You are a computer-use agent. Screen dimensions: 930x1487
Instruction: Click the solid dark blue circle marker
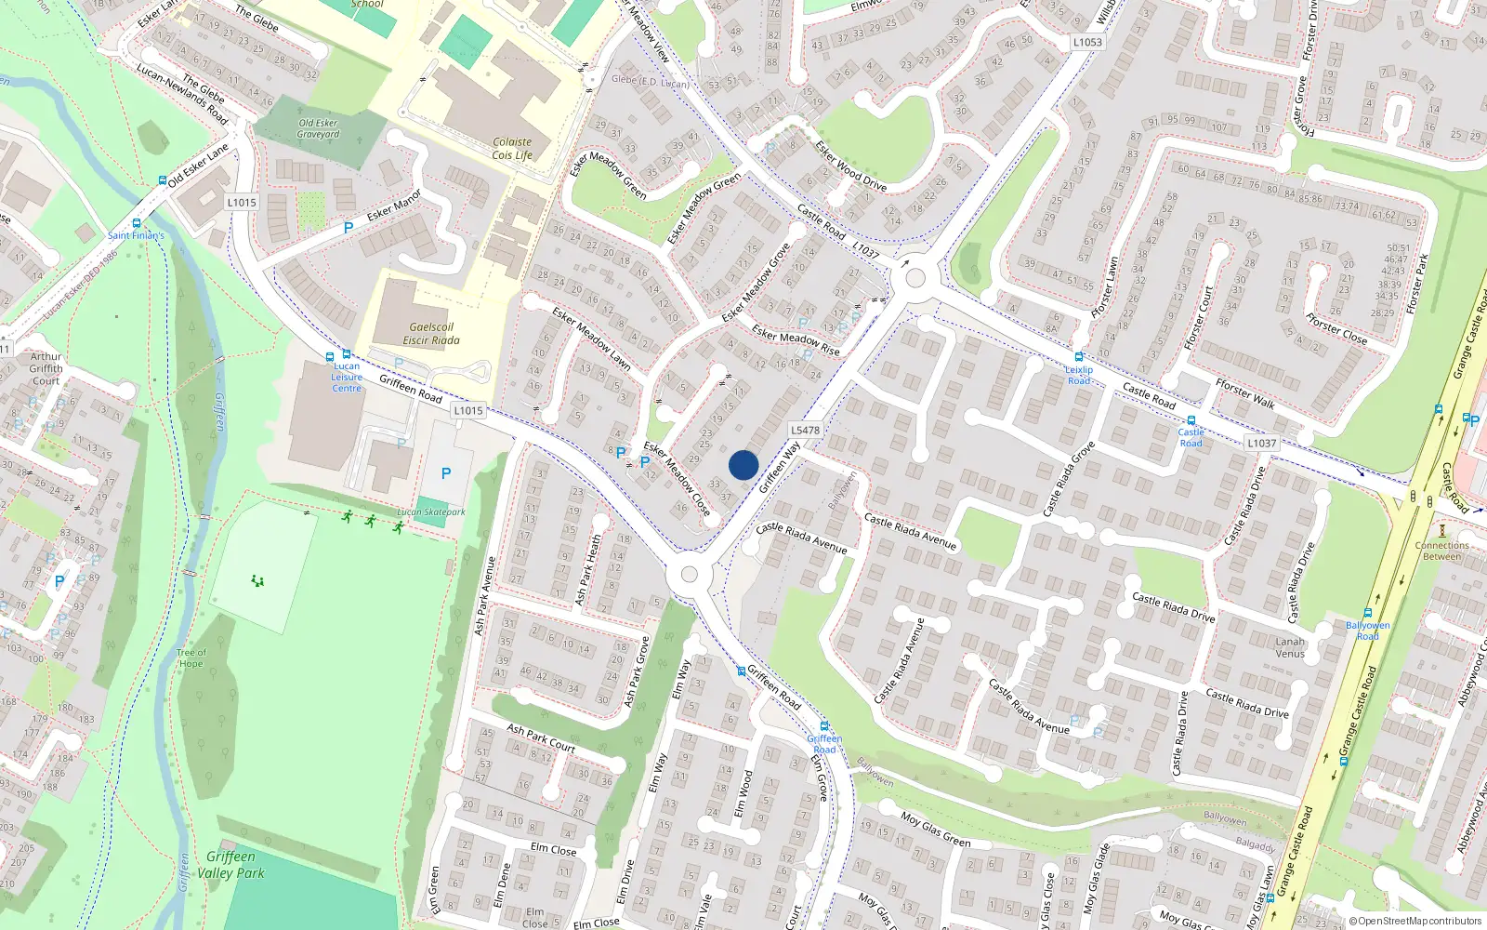pyautogui.click(x=743, y=465)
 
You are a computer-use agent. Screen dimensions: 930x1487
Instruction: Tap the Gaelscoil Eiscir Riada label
pyautogui.click(x=431, y=334)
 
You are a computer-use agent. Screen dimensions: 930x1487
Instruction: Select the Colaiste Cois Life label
pyautogui.click(x=512, y=149)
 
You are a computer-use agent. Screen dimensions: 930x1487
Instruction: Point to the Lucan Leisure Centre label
pyautogui.click(x=347, y=377)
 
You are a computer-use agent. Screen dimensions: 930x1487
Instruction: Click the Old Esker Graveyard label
pyautogui.click(x=318, y=128)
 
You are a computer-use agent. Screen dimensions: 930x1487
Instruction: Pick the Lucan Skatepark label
pyautogui.click(x=431, y=512)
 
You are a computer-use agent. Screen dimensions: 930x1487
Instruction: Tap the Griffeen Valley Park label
pyautogui.click(x=230, y=865)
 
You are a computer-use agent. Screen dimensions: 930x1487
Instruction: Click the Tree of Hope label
pyautogui.click(x=191, y=658)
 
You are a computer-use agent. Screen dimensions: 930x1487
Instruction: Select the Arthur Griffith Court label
pyautogui.click(x=46, y=368)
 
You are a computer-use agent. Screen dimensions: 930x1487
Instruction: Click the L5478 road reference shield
pyautogui.click(x=805, y=430)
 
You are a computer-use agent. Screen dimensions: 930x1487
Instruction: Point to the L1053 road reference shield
pyautogui.click(x=1087, y=42)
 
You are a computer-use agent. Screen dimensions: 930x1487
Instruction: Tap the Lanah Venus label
pyautogui.click(x=1290, y=647)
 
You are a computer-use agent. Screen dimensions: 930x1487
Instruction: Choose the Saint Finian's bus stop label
pyautogui.click(x=136, y=235)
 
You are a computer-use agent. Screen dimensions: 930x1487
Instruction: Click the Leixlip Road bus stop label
pyautogui.click(x=1079, y=375)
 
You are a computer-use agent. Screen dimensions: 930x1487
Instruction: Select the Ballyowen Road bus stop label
pyautogui.click(x=1368, y=631)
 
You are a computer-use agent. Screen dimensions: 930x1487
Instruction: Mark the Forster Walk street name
pyautogui.click(x=1245, y=392)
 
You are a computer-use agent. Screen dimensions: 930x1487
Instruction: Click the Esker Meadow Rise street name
pyautogui.click(x=796, y=339)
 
